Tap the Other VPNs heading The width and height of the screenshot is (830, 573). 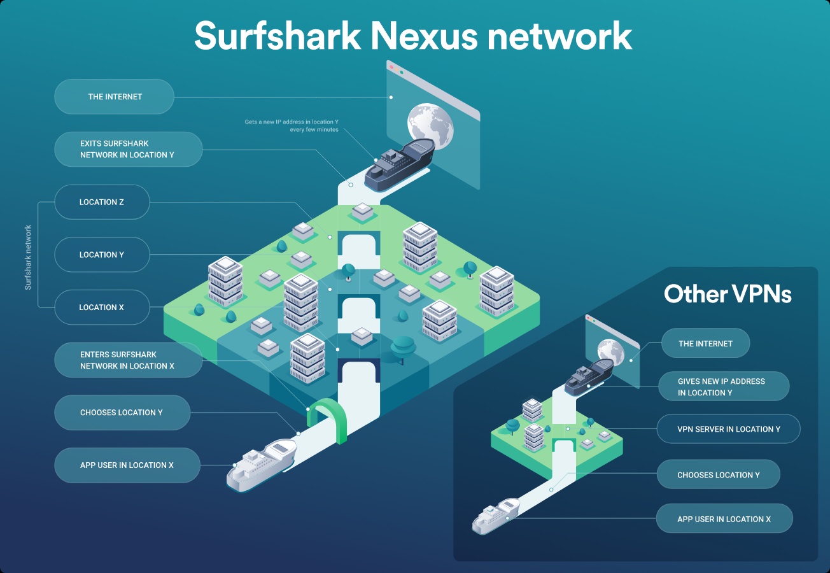point(728,294)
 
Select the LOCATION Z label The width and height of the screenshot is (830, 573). point(102,202)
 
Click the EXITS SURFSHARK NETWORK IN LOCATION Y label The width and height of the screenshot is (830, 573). point(127,149)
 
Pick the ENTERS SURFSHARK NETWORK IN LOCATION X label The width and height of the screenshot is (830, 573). point(127,360)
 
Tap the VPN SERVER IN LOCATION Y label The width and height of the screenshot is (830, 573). point(728,429)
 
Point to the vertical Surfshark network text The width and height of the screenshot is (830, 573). point(28,257)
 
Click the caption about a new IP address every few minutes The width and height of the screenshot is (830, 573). point(292,125)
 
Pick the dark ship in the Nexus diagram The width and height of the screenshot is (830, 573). point(400,166)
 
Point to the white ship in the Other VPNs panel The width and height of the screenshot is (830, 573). point(495,514)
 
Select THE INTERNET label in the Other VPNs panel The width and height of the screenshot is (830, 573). point(705,344)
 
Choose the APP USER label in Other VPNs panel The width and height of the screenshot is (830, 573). point(724,519)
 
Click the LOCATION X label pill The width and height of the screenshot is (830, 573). point(102,308)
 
